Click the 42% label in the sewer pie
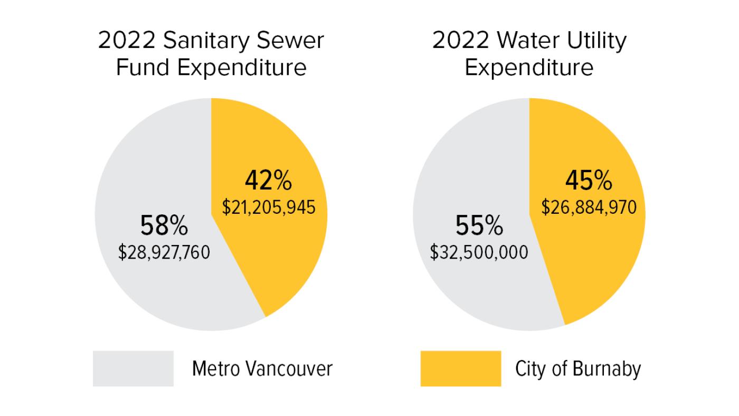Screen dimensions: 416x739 coord(268,181)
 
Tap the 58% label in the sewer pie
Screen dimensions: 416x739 coord(164,226)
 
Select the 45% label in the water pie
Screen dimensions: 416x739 coord(589,181)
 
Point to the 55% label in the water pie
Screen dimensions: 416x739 coord(479,226)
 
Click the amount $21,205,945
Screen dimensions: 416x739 coord(269,207)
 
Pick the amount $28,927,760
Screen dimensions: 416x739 coord(164,252)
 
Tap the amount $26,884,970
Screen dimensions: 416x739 coord(589,207)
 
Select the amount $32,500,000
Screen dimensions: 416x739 coord(479,252)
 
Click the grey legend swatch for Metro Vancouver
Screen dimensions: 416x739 coord(133,368)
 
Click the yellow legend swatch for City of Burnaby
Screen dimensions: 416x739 coord(460,368)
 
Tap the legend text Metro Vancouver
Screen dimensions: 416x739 coord(262,368)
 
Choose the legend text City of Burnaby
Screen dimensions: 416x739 coord(577,368)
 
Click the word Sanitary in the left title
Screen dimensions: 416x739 coord(207,41)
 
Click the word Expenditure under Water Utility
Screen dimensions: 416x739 coord(529,68)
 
